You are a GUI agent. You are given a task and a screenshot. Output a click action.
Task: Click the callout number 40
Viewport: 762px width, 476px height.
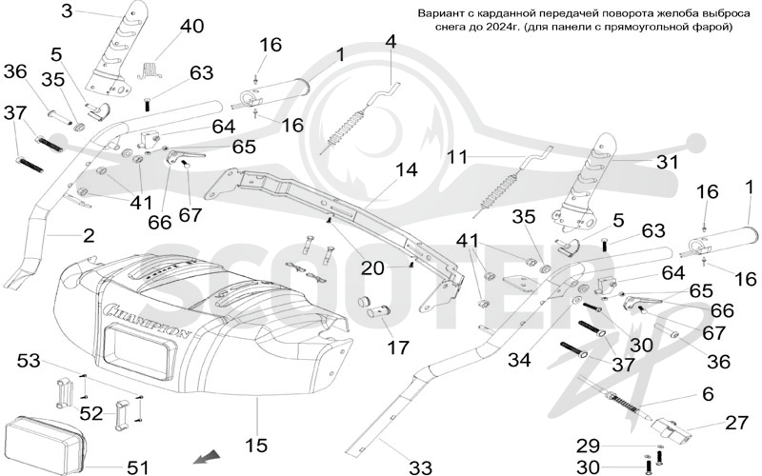click(192, 27)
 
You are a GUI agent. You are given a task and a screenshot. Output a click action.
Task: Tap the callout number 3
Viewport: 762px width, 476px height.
click(67, 10)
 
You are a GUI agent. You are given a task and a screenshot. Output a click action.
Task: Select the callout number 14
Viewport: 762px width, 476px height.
click(406, 170)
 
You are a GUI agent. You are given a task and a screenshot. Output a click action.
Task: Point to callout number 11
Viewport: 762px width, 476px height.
click(457, 157)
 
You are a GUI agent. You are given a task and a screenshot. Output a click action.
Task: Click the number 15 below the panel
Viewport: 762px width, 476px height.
click(256, 445)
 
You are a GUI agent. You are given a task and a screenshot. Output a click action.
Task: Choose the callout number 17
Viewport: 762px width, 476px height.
click(398, 347)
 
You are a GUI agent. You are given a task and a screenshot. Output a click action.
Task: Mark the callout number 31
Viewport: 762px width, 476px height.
click(668, 162)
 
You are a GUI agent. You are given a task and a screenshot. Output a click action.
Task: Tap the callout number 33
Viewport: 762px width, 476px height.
click(420, 468)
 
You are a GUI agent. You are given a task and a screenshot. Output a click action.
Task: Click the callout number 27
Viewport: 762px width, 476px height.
click(736, 423)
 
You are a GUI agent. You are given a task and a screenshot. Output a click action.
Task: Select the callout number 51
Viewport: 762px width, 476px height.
click(137, 467)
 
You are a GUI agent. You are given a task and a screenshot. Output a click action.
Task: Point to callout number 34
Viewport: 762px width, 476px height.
click(520, 360)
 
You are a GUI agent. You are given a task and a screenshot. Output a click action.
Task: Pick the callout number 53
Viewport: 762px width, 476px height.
click(30, 361)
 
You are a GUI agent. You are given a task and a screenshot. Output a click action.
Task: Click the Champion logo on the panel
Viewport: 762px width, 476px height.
click(148, 321)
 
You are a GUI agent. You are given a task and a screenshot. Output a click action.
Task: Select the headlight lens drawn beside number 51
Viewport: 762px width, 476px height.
click(44, 445)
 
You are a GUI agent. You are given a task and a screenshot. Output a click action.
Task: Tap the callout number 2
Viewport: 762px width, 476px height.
click(89, 236)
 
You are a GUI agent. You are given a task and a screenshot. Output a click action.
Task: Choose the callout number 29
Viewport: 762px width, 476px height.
click(588, 446)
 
